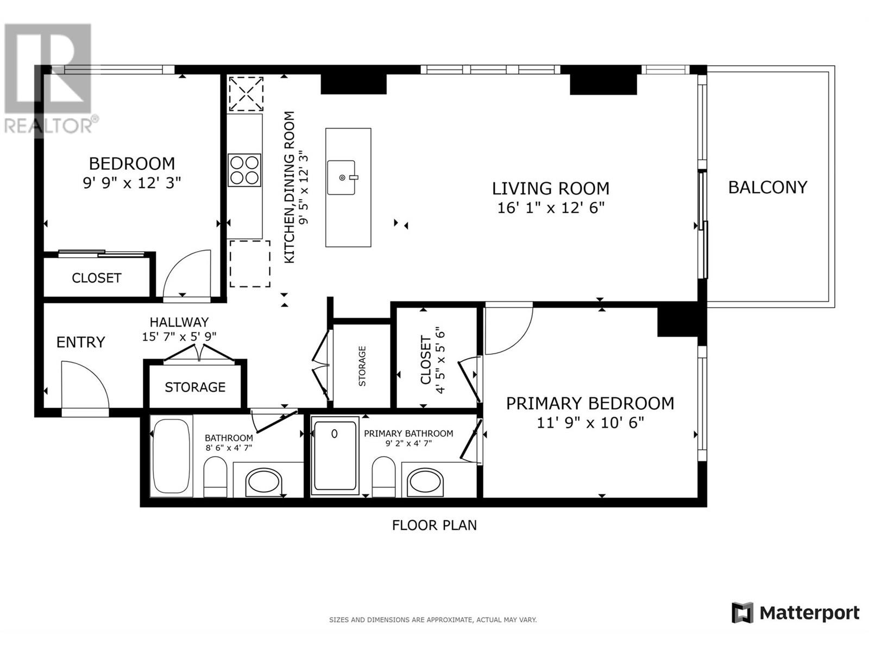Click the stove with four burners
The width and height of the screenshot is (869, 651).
click(244, 170)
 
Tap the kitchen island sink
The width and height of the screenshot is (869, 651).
click(342, 177)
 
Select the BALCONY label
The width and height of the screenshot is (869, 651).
click(767, 188)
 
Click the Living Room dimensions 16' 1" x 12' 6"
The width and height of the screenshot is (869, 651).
click(550, 208)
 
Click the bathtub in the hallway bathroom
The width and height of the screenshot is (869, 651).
click(171, 456)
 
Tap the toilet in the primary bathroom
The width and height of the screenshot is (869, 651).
click(384, 476)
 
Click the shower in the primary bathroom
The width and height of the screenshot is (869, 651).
click(335, 456)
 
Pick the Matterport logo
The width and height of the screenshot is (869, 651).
click(795, 613)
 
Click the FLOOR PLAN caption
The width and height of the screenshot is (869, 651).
click(434, 525)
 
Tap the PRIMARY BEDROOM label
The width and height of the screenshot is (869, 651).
click(590, 404)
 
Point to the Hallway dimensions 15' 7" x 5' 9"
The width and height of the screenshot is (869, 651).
click(179, 336)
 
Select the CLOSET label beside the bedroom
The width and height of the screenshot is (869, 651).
click(96, 278)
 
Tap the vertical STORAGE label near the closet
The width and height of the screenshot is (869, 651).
click(362, 366)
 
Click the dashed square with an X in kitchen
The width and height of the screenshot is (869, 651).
click(245, 94)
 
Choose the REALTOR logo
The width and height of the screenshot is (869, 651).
click(49, 79)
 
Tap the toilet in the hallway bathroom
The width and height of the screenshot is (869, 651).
click(215, 476)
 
